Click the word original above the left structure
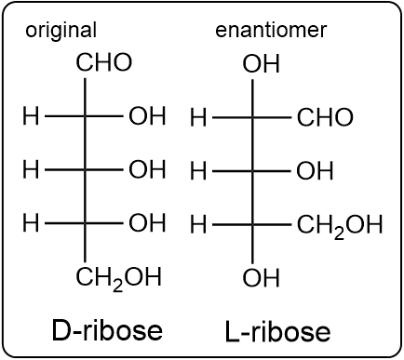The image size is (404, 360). click(61, 30)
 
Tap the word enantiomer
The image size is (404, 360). click(271, 30)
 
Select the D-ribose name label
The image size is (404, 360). click(107, 329)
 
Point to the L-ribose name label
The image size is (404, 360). click(277, 331)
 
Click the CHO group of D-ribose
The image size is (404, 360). click(104, 63)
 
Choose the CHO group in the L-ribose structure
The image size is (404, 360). click(325, 118)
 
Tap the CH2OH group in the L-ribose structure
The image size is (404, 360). click(340, 225)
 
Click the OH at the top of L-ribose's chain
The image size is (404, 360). click(261, 64)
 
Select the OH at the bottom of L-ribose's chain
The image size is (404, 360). click(261, 277)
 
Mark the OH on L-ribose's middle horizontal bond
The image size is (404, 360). click(315, 171)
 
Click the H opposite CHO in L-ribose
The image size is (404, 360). click(197, 118)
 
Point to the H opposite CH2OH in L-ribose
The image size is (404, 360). click(197, 225)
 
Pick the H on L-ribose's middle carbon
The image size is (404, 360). click(197, 171)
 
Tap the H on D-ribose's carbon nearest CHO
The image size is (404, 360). click(31, 117)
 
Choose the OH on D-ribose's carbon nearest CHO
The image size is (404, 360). click(147, 117)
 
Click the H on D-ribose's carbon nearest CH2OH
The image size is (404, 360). click(31, 223)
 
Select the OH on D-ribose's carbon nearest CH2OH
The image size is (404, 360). click(147, 223)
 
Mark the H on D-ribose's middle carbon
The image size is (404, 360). click(31, 170)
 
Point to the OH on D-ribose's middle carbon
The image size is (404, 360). click(147, 170)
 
